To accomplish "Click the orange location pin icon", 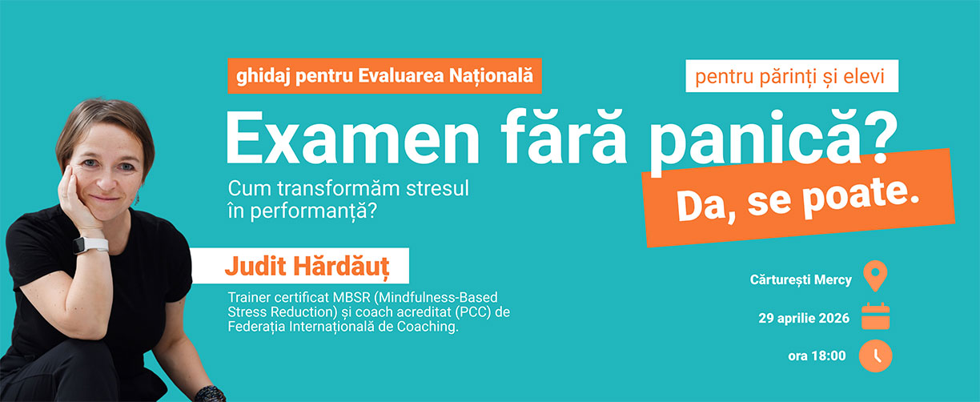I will pyautogui.click(x=876, y=277).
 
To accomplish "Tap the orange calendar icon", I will pyautogui.click(x=876, y=317).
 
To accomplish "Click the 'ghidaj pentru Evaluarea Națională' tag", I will pyautogui.click(x=384, y=77).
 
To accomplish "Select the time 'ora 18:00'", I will pyautogui.click(x=817, y=356).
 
